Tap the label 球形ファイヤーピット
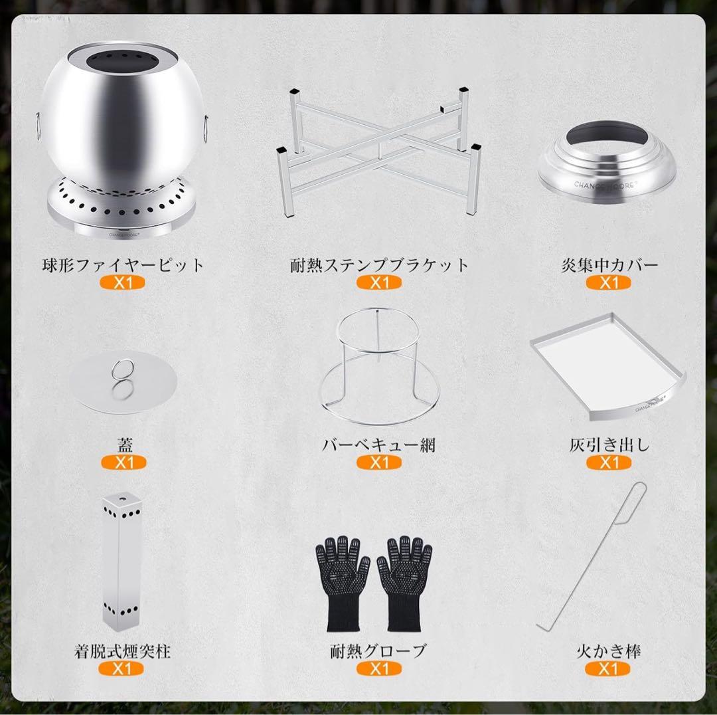click(123, 265)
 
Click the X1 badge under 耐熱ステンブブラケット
click(378, 282)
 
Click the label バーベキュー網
click(378, 445)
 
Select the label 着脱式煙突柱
click(123, 651)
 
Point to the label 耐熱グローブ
click(378, 651)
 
